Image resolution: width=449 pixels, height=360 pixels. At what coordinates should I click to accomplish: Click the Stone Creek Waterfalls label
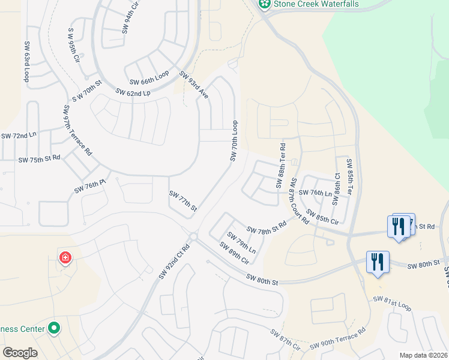point(316,4)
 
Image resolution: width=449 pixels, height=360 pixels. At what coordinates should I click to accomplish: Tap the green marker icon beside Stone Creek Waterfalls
point(264,4)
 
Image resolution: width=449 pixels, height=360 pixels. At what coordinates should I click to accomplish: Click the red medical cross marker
point(65,258)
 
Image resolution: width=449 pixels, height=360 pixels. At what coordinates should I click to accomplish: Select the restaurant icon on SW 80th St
point(378,262)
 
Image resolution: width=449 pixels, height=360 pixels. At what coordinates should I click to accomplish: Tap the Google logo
point(20,353)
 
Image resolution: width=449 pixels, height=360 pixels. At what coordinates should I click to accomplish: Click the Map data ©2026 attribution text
point(423,355)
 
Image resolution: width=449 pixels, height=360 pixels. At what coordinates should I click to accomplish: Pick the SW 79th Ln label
point(241,242)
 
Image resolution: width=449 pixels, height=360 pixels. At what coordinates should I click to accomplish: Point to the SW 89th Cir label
point(234,253)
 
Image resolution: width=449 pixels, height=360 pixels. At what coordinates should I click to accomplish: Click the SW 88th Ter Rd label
point(281,165)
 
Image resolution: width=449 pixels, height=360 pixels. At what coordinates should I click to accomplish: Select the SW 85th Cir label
point(322,216)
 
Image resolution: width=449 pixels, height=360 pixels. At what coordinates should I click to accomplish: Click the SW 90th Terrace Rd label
point(338,340)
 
